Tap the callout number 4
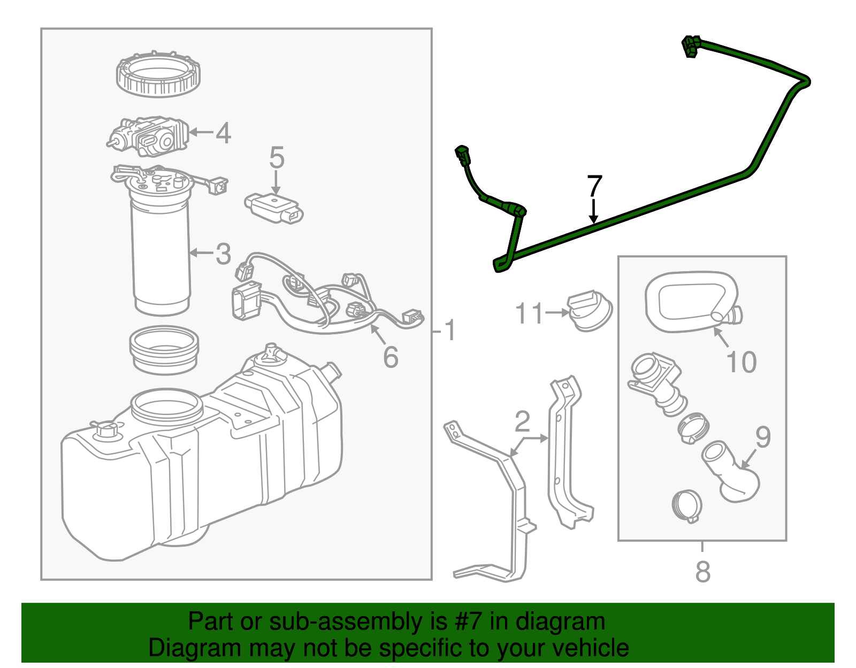(223, 133)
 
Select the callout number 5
(277, 158)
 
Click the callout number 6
(391, 357)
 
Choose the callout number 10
(742, 362)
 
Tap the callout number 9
(763, 437)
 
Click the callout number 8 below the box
(703, 572)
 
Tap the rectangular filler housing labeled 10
(690, 302)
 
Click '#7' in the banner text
(469, 622)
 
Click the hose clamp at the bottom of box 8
(686, 505)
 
